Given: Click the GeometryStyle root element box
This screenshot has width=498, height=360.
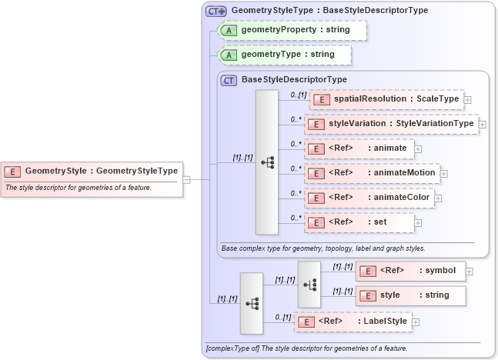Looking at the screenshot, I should point(92,171).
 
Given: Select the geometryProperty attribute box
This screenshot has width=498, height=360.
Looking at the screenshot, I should point(292,30).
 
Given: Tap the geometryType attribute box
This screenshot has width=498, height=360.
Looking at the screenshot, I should point(285,55).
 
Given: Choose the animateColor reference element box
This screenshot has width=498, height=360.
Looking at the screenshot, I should point(370,198).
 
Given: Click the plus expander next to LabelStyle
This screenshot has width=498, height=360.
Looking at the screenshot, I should point(416,322).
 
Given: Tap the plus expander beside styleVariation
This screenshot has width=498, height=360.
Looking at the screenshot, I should point(483,124).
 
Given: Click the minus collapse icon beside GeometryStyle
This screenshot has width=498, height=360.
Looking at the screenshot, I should point(187,179).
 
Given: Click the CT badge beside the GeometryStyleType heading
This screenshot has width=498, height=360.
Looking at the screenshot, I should point(216,11).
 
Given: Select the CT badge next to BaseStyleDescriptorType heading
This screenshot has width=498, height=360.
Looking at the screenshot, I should point(229,79).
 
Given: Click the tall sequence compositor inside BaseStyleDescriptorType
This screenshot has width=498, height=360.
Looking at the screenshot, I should point(267,162).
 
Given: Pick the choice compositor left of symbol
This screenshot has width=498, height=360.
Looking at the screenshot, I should point(309,284).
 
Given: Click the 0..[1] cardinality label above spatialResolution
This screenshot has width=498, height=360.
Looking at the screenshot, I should point(298,94).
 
